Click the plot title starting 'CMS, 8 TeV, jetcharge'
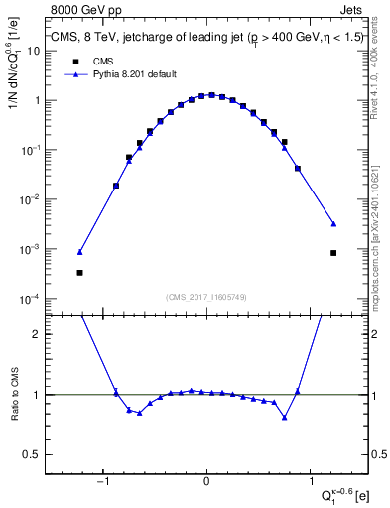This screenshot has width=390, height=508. click(207, 39)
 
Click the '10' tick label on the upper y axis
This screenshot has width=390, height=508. click(32, 51)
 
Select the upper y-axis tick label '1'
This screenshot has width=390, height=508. click(36, 100)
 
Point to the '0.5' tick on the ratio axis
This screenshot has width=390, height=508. click(30, 454)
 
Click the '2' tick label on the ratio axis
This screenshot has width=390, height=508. click(36, 334)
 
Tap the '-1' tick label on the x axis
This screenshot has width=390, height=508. click(102, 482)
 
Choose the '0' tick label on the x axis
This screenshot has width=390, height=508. click(206, 482)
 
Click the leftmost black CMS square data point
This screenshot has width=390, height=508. click(79, 272)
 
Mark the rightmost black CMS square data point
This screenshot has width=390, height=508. click(333, 253)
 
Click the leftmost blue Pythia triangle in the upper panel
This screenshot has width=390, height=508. click(79, 252)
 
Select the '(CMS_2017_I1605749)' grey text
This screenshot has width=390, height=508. click(206, 296)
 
